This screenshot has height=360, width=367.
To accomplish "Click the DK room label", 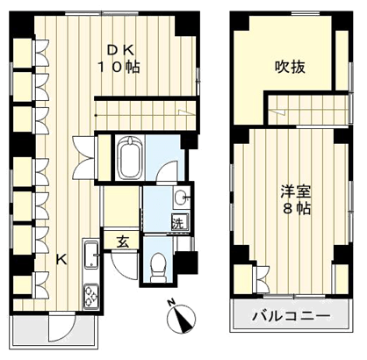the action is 120,51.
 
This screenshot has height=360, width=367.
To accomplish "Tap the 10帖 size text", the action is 119,68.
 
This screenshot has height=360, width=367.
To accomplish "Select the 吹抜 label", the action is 290,67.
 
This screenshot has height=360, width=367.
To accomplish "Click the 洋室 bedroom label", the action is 296,191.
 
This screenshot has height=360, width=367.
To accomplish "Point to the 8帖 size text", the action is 296,209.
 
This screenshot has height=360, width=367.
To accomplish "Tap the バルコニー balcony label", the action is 291,316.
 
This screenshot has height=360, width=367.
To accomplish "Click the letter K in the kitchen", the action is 61,259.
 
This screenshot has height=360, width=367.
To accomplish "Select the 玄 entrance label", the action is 123,241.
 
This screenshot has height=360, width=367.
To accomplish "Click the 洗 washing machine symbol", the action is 178,223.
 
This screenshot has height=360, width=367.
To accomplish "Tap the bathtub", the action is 130,158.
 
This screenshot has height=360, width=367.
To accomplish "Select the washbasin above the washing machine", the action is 182,198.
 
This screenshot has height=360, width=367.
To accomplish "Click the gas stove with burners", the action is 91,296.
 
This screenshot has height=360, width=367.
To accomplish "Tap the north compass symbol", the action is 181,319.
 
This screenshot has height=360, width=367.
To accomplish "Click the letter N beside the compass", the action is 171,302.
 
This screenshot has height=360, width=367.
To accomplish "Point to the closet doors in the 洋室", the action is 263,278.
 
